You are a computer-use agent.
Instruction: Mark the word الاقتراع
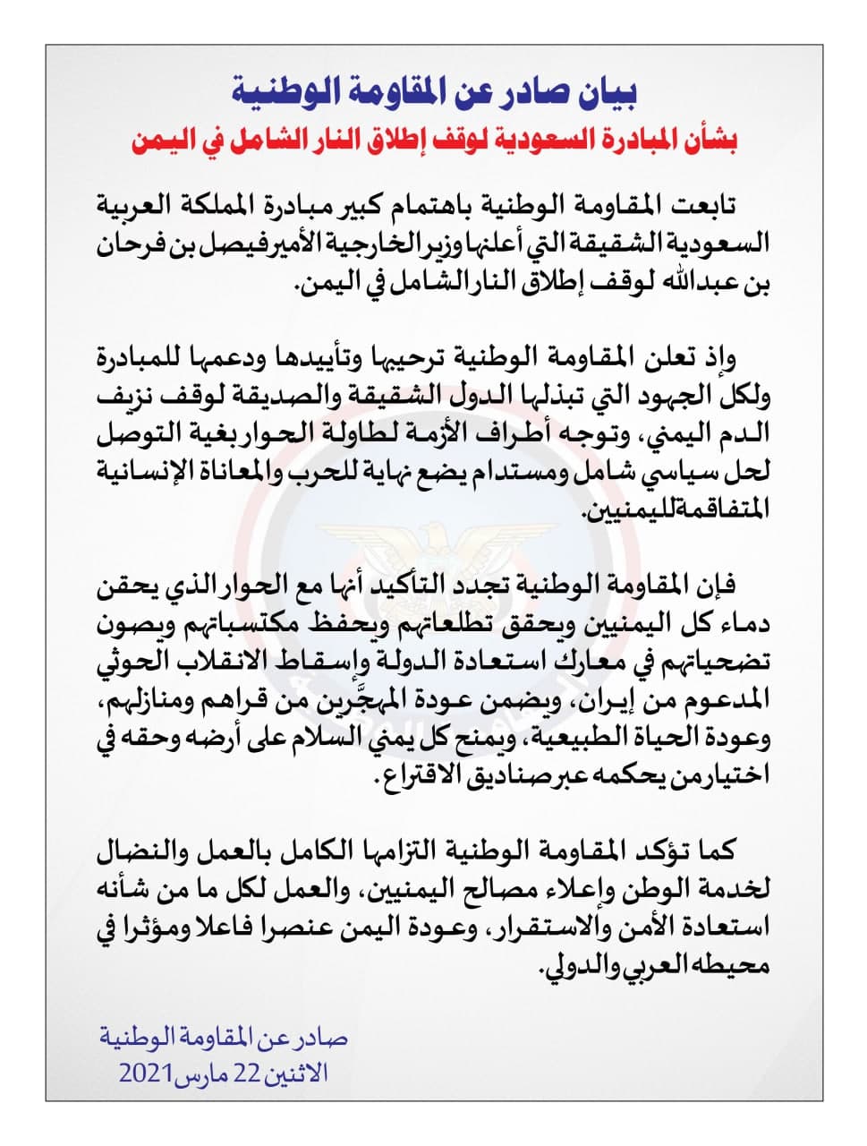click(418, 784)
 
